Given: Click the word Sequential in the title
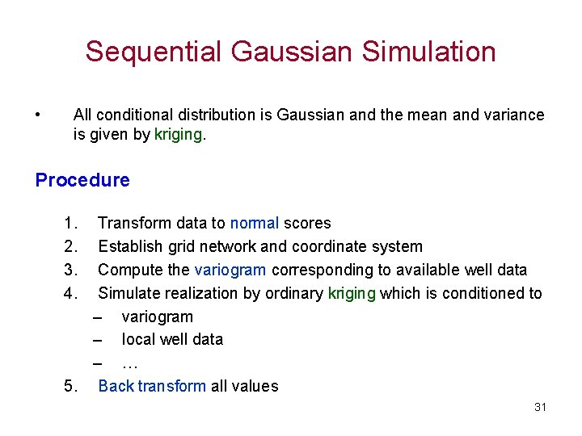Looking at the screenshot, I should [x=154, y=52].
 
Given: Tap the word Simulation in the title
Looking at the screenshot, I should [x=429, y=52].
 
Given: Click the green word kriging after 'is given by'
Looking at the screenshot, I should [x=179, y=135].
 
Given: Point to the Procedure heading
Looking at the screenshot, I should [x=82, y=180].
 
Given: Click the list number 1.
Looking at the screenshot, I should [x=70, y=223].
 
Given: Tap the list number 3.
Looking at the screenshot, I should [x=70, y=270].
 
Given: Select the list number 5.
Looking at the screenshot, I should [x=70, y=386].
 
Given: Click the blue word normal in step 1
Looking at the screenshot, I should [x=255, y=223].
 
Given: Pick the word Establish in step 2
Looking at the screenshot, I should [x=130, y=246].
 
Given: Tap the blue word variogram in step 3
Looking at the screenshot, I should [x=230, y=270].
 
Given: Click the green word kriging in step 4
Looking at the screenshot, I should [x=352, y=293].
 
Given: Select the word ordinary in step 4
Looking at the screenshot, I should [x=294, y=293].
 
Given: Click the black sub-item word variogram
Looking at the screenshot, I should [x=157, y=317].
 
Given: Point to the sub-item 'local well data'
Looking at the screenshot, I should [x=172, y=339].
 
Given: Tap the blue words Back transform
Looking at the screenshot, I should [x=152, y=386].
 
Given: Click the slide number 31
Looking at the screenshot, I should [x=540, y=407].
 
